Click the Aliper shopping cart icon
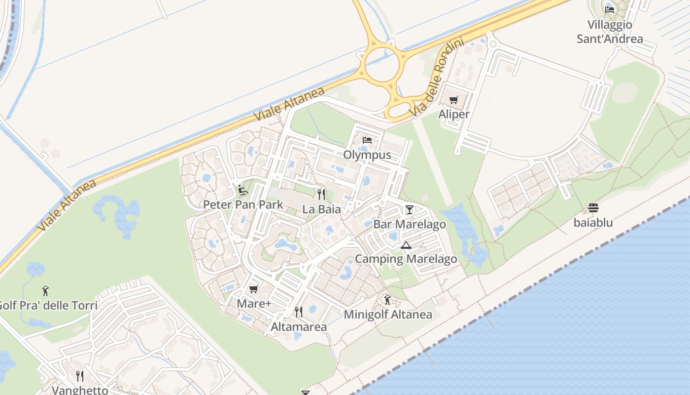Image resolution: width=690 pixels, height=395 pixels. (454, 100)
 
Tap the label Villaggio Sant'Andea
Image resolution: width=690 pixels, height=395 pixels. (610, 32)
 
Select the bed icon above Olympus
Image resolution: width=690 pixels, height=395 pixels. (367, 140)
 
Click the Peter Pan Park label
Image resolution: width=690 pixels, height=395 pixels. (243, 204)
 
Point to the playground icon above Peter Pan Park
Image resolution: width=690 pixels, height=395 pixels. (242, 190)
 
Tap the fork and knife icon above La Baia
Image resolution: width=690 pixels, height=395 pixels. (321, 194)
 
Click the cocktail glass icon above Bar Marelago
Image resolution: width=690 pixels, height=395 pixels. (409, 210)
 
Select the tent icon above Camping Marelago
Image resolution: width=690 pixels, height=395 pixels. (406, 245)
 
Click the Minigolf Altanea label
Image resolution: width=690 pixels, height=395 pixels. (388, 315)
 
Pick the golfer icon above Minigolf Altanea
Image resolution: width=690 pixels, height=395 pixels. (387, 299)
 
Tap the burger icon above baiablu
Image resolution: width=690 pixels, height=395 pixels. (593, 208)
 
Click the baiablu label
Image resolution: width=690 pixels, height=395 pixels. (593, 223)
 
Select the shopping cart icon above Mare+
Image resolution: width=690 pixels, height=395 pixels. (254, 289)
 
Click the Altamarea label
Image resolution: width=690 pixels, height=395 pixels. (299, 327)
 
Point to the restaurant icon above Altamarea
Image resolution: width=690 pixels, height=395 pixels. (298, 312)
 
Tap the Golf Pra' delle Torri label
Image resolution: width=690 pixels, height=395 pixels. (48, 305)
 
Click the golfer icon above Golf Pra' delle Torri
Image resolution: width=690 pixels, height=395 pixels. (46, 290)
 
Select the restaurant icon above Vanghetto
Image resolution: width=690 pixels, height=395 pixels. (80, 376)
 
